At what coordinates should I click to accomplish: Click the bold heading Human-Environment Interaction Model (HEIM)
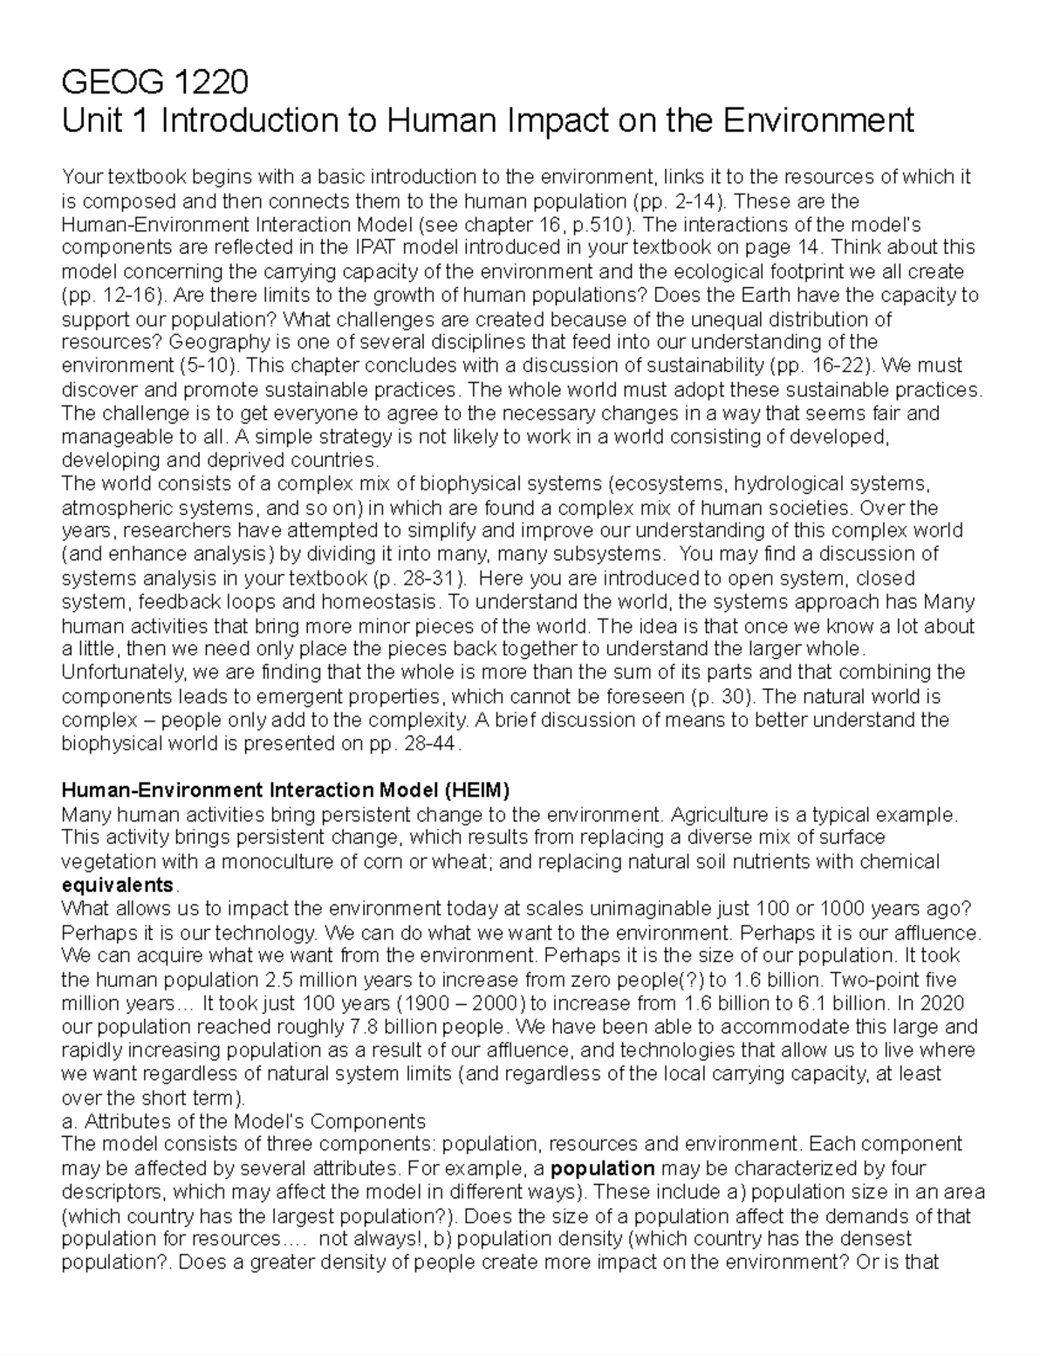coord(284,790)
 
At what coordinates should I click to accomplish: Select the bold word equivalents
coord(117,886)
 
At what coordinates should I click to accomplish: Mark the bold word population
coord(604,1168)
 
